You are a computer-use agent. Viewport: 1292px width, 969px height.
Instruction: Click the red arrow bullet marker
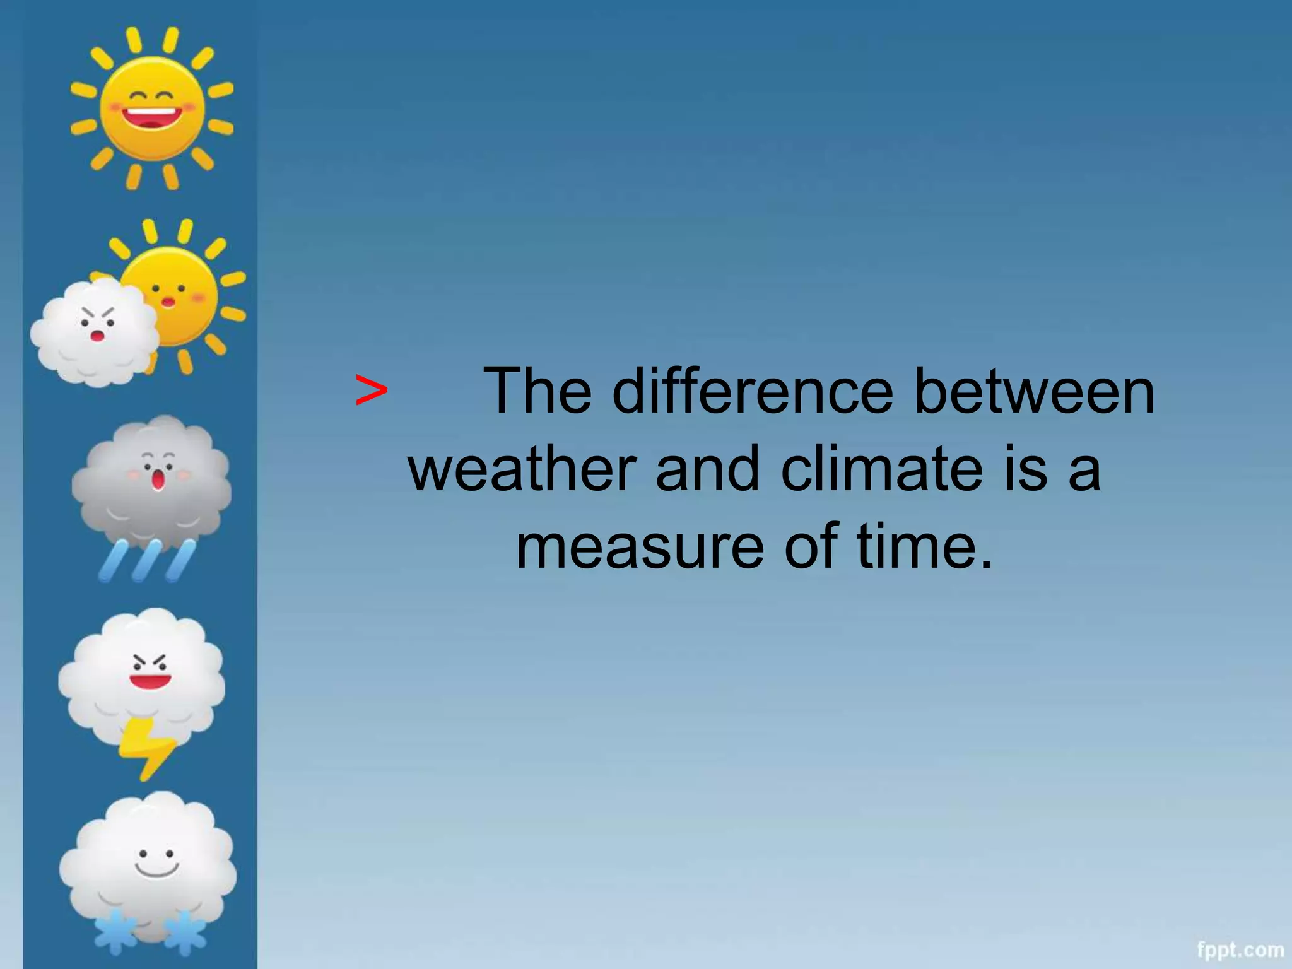tap(371, 391)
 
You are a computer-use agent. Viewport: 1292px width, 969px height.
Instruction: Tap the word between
tap(1034, 392)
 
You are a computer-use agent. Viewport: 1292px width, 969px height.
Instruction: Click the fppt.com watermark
tap(1240, 949)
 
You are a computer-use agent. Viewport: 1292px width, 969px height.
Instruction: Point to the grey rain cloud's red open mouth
tap(158, 480)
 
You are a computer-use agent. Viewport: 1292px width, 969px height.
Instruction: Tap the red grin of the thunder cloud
tap(150, 681)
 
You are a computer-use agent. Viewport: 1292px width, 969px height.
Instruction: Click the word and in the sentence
tap(707, 469)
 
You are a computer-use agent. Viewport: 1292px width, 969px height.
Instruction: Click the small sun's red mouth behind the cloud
tap(168, 302)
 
